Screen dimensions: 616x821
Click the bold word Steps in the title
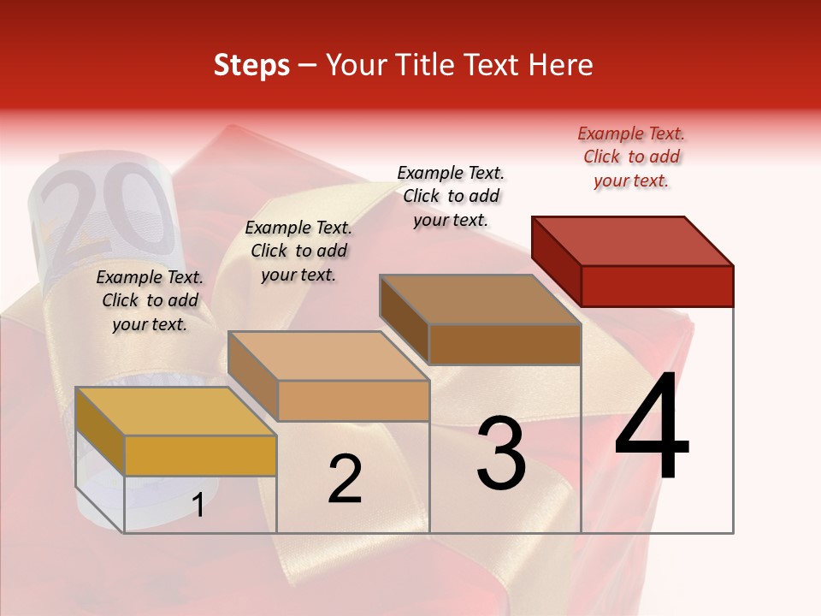point(251,65)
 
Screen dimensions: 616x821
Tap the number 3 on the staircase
point(501,453)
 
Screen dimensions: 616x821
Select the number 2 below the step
point(345,479)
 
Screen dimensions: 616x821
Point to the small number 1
point(198,505)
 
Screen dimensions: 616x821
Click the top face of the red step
point(633,240)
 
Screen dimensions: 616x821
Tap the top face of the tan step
point(328,356)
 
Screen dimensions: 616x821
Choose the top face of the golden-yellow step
point(176,412)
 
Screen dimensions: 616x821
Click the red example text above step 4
point(631,157)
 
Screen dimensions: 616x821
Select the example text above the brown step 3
point(451,196)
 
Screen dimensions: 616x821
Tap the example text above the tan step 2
point(298,251)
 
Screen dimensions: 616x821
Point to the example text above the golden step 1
point(150,300)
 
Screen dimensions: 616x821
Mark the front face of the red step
point(657,286)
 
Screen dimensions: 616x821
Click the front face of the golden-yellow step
point(200,455)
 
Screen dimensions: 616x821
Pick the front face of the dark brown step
point(505,344)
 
